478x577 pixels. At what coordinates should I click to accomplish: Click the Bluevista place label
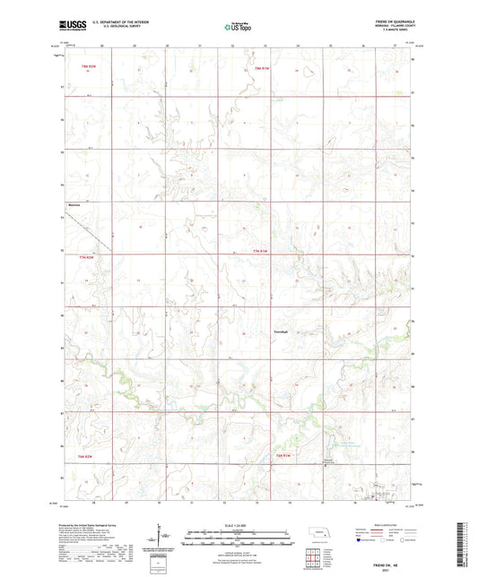tap(74, 205)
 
